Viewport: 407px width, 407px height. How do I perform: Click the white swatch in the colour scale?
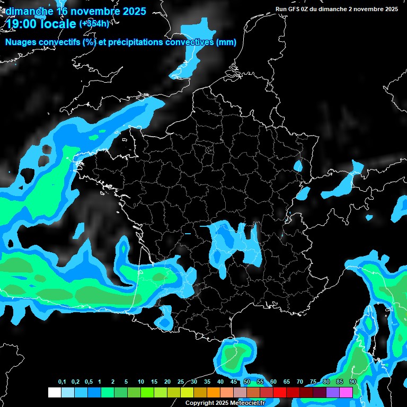click(54, 392)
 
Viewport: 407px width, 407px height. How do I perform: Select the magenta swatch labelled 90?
click(346, 392)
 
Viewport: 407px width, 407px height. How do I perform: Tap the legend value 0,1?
click(62, 382)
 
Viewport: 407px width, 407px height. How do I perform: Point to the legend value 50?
click(247, 382)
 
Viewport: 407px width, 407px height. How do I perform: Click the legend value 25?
click(181, 382)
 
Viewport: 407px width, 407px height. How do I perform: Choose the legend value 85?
click(340, 382)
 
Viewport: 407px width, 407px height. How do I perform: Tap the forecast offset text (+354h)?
click(94, 23)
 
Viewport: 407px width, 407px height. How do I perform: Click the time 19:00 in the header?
click(21, 24)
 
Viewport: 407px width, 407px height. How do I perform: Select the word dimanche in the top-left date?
click(26, 11)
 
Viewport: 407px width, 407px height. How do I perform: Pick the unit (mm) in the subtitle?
click(226, 42)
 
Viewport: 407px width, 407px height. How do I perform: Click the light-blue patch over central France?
click(233, 241)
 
